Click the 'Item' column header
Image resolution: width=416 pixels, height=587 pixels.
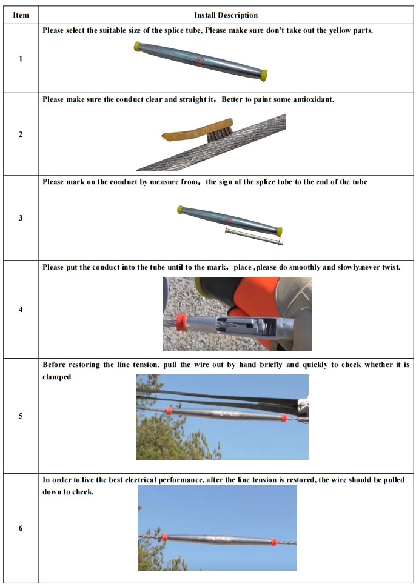point(21,15)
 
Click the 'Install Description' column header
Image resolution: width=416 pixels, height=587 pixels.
point(226,15)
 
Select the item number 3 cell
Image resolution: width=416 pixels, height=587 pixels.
point(21,218)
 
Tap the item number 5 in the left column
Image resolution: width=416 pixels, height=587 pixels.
point(21,416)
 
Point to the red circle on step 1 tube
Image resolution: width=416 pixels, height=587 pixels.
point(200,61)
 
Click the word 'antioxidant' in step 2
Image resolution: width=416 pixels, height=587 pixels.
point(312,99)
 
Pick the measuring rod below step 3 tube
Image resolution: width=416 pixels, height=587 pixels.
point(252,237)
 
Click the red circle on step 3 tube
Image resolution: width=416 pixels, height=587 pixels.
point(229,221)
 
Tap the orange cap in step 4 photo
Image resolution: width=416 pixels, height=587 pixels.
point(181,322)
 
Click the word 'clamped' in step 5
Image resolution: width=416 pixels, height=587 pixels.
point(56,377)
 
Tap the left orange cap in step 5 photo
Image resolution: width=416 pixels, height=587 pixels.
point(169,411)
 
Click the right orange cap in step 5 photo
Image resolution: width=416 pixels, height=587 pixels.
point(283,417)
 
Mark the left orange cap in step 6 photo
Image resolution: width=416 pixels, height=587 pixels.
point(164,537)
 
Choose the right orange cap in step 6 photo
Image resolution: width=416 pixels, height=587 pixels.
point(273,541)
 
